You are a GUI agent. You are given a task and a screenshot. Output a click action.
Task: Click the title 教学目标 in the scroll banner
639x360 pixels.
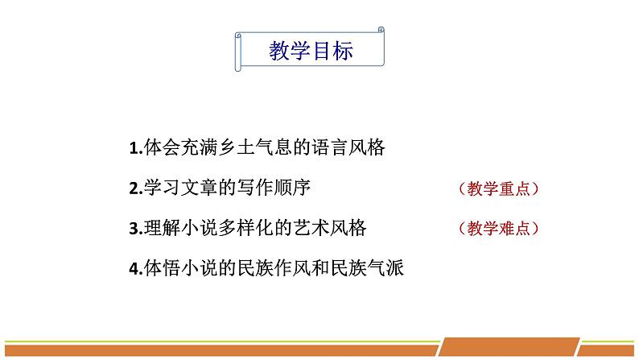(x=311, y=51)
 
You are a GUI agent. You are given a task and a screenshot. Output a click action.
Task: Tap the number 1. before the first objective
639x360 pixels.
(x=136, y=148)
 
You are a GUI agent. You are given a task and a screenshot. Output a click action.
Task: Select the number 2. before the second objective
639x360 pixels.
(x=136, y=188)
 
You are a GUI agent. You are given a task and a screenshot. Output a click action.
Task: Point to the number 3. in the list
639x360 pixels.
(x=136, y=228)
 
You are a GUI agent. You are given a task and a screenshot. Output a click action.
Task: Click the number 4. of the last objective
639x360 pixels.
(x=136, y=269)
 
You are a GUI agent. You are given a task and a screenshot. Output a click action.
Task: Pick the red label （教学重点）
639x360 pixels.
(x=498, y=188)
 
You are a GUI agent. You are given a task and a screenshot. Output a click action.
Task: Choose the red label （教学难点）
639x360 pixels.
(x=498, y=228)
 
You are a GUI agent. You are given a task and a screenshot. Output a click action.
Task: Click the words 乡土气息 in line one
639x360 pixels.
(x=255, y=147)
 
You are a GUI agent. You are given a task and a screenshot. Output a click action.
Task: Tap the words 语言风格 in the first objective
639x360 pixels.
(x=348, y=147)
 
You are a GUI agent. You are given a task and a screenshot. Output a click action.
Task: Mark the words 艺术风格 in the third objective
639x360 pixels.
(x=330, y=227)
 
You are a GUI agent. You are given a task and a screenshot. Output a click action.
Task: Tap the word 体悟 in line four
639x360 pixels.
(x=162, y=268)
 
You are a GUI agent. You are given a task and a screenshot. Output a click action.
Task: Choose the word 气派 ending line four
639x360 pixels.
(x=385, y=268)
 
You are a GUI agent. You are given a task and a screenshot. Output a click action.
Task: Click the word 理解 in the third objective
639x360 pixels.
(x=162, y=227)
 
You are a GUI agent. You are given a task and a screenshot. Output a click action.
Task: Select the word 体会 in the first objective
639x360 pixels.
(x=162, y=147)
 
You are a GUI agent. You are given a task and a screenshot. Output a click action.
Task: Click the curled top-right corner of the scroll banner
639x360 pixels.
(x=381, y=30)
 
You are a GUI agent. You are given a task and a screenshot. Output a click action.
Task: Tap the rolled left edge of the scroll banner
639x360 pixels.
(x=238, y=52)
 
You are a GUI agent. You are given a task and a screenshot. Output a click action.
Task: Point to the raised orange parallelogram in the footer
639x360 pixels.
(x=509, y=346)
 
